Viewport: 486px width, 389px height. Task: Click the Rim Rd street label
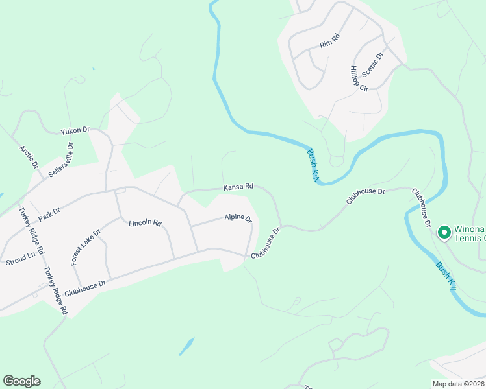coord(330,41)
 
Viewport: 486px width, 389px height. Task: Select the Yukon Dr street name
coord(75,130)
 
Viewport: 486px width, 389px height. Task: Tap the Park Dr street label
coord(49,211)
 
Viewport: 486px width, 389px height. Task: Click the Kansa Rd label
coord(238,187)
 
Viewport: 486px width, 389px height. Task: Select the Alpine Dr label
coord(238,218)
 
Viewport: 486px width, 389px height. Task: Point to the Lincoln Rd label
coord(145,223)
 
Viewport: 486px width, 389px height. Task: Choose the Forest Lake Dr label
coord(86,246)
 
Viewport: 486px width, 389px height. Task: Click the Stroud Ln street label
coord(20,259)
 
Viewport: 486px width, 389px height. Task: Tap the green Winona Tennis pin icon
coord(444,231)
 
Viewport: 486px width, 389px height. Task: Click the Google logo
coord(21,381)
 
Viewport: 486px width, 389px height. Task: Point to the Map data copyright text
coord(459,384)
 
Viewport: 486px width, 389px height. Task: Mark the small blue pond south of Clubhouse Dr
coord(186,346)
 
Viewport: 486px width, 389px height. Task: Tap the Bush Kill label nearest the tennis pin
coord(444,275)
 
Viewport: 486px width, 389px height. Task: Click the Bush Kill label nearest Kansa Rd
coord(312,165)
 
